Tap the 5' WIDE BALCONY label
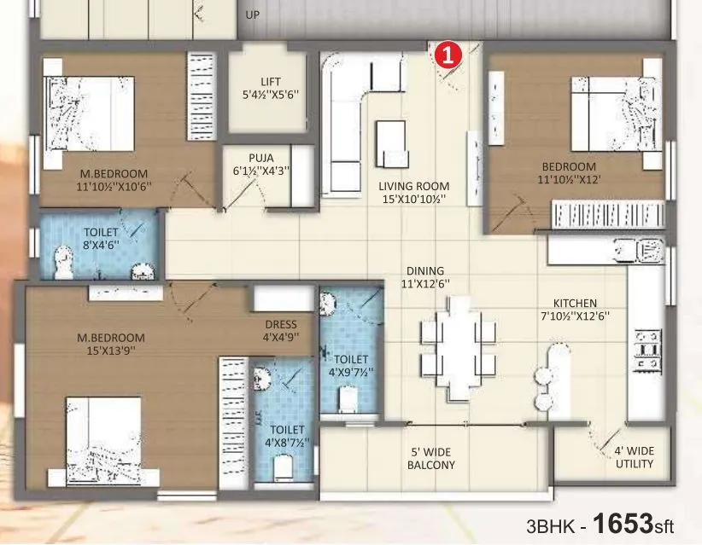coord(430,458)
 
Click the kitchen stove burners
coord(646,350)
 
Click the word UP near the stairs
coord(253,15)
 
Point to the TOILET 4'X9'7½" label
coord(351,366)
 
